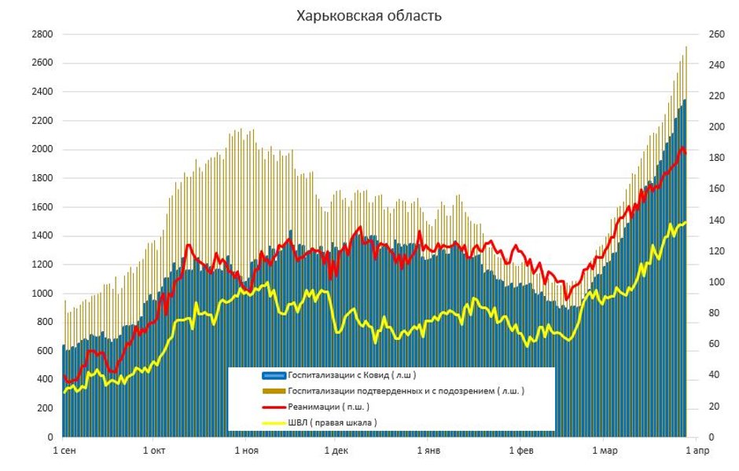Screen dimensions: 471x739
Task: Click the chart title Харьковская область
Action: coord(369,16)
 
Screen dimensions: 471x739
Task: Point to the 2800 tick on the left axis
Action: coord(42,35)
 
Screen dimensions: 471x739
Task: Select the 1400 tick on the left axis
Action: coord(42,235)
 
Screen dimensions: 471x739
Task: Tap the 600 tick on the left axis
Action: coord(45,351)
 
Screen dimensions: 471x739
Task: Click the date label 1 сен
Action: coord(64,451)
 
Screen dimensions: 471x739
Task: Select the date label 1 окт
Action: coord(155,451)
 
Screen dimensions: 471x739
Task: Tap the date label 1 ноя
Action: coord(246,451)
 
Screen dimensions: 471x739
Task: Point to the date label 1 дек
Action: coord(336,451)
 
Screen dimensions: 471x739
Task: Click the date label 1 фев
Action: coord(520,451)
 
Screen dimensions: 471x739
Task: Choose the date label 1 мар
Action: coord(604,451)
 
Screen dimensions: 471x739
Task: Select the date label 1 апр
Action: coord(697,451)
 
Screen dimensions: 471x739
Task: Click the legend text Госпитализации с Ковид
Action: coord(352,374)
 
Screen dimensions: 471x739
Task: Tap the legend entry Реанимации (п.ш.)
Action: coord(329,406)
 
